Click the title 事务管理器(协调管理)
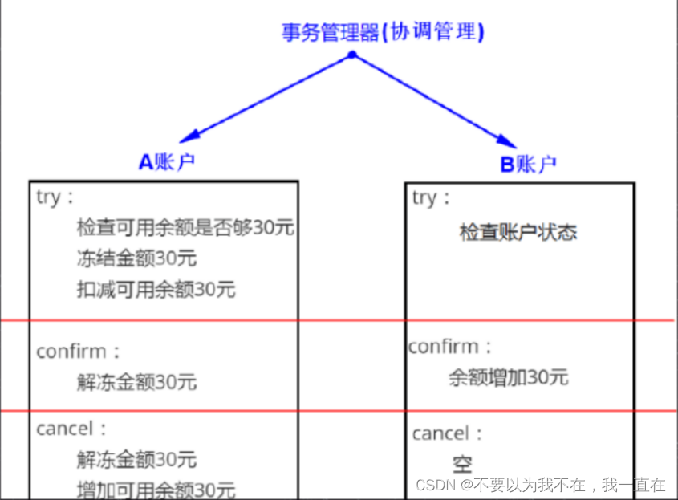click(x=383, y=31)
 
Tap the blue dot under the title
click(x=351, y=55)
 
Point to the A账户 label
click(x=167, y=162)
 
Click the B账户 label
click(x=528, y=165)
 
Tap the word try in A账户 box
click(x=49, y=197)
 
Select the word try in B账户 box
click(x=425, y=197)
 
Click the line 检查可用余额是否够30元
click(x=185, y=227)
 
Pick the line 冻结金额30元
click(x=136, y=258)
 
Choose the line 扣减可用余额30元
click(x=156, y=289)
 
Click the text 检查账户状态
click(x=518, y=233)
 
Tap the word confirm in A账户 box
click(x=71, y=352)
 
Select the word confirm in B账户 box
click(x=444, y=348)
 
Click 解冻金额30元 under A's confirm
click(x=136, y=381)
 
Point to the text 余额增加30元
click(x=508, y=377)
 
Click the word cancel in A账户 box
click(x=65, y=429)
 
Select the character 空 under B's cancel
click(x=462, y=464)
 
